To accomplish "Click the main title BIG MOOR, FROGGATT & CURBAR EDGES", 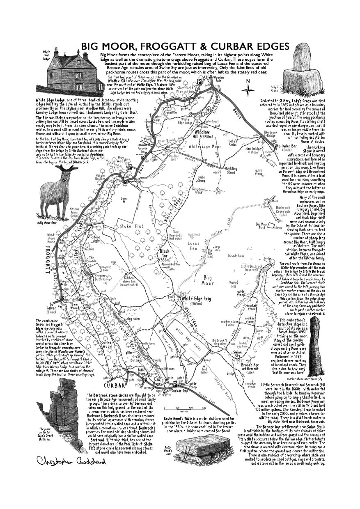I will [185, 46].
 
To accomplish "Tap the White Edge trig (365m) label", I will [196, 299].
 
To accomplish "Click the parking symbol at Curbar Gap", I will [175, 384].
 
